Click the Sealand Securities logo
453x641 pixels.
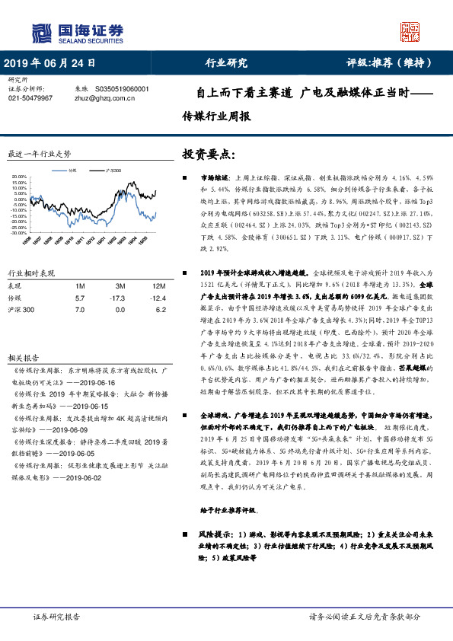pos(76,32)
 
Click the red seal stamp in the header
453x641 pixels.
pos(411,31)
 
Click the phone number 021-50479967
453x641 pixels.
pos(30,98)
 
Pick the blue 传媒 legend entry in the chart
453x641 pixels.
pos(73,171)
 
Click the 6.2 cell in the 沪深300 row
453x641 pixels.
pos(159,310)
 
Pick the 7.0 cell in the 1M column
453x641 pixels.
pos(79,310)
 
